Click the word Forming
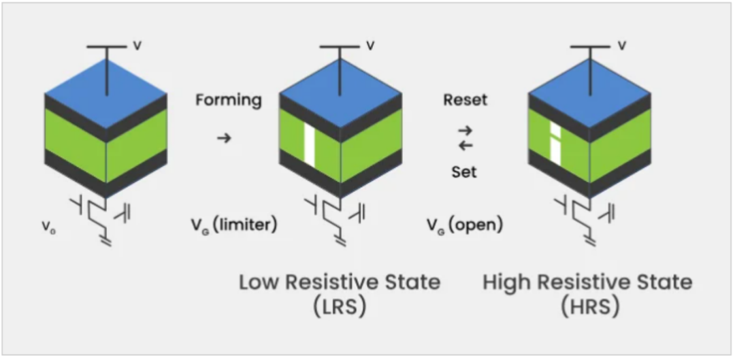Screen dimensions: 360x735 [x=229, y=100]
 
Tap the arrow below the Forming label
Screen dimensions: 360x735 [x=224, y=138]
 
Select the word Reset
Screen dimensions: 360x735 [x=465, y=99]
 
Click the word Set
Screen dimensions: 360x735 [x=464, y=172]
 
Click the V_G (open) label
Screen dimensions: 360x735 [x=464, y=225]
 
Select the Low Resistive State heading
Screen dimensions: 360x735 [x=340, y=282]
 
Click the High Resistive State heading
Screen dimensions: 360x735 [x=587, y=282]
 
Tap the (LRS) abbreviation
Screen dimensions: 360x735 [x=340, y=306]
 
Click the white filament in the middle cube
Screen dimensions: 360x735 [x=310, y=144]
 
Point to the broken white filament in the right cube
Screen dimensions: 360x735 [x=555, y=144]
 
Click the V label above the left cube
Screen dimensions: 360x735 [x=137, y=46]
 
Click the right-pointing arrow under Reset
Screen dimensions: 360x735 [x=465, y=129]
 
